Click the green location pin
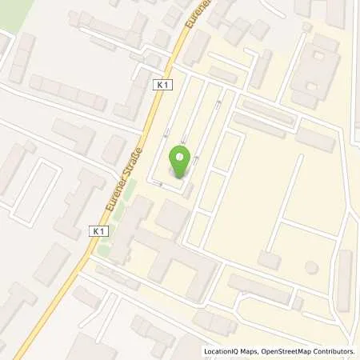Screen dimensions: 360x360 (x=180, y=162)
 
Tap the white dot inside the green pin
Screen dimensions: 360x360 (x=180, y=158)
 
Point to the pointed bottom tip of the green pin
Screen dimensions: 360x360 (x=180, y=177)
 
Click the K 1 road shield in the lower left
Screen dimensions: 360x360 (x=97, y=230)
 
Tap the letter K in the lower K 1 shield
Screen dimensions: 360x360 (x=94, y=230)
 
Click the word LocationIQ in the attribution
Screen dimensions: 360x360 (x=223, y=351)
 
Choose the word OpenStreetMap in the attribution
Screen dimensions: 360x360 (x=290, y=351)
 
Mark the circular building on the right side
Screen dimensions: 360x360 (x=311, y=266)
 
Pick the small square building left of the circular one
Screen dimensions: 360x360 (x=270, y=259)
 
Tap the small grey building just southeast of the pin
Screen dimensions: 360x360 (x=188, y=190)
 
